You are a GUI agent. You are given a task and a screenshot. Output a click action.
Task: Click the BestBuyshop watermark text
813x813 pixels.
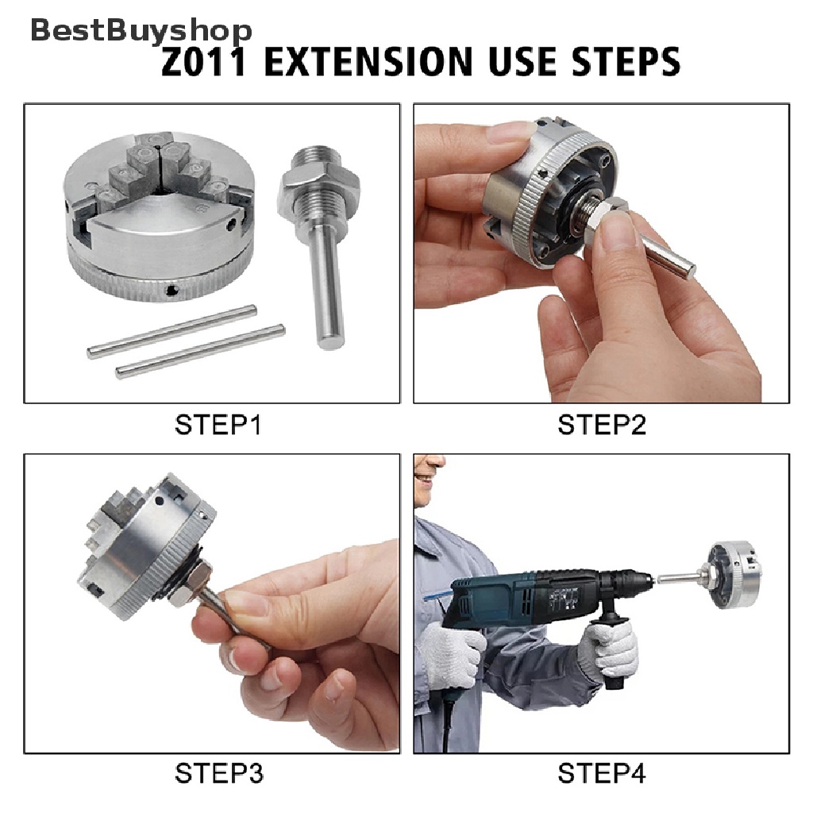click(x=141, y=31)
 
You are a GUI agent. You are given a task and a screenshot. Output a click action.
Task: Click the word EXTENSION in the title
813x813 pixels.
click(x=368, y=61)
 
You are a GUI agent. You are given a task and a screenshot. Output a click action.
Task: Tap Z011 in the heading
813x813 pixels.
click(x=204, y=61)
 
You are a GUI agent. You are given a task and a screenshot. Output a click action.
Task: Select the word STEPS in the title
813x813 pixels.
click(x=626, y=61)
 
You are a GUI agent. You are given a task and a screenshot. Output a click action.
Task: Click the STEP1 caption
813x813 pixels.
click(x=218, y=426)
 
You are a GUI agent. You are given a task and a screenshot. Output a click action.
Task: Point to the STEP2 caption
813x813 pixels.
click(x=602, y=426)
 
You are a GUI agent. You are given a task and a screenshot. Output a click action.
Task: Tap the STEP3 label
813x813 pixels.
click(x=219, y=773)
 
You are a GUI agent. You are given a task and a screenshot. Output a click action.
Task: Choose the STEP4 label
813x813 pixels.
click(x=602, y=773)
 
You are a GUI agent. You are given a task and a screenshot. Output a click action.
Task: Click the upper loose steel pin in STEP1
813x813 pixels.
click(x=172, y=332)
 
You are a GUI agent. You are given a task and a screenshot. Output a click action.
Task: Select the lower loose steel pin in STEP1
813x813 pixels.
click(x=200, y=352)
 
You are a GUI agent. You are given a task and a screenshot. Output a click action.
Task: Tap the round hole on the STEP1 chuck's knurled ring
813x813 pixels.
click(x=171, y=291)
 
